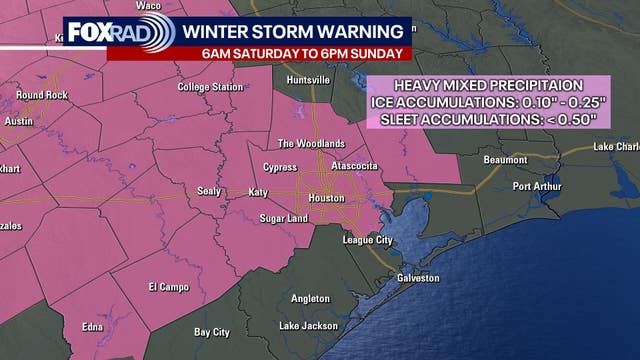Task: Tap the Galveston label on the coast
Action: point(416,277)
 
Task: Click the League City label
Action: point(376,240)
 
